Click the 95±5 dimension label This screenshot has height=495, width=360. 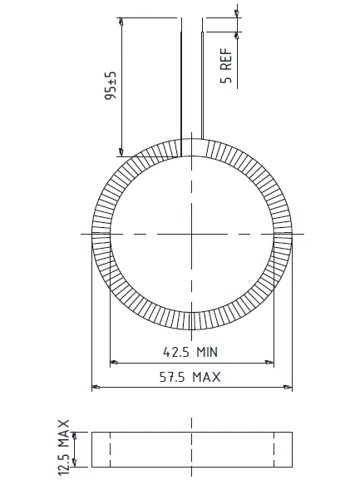click(x=111, y=85)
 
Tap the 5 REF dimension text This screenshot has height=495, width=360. click(x=226, y=66)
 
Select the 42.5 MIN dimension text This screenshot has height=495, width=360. click(x=190, y=352)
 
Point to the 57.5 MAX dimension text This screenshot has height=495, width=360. click(x=190, y=377)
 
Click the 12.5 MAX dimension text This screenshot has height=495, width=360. click(x=64, y=448)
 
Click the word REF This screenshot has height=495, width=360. click(x=226, y=59)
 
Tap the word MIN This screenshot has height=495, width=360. click(x=207, y=352)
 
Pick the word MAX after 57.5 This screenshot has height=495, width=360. click(x=207, y=377)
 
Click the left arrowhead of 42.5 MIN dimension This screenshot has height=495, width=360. click(x=114, y=363)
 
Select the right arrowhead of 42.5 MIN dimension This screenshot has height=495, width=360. click(x=269, y=363)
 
